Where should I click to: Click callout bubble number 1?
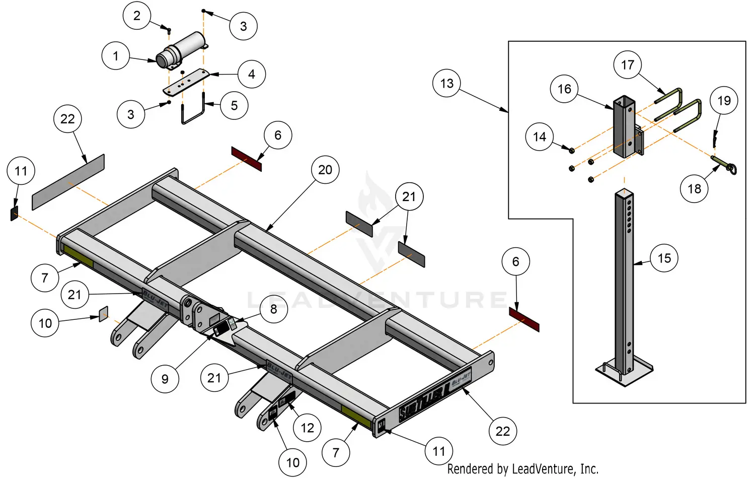coord(115,55)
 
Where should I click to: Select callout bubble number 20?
coord(325,170)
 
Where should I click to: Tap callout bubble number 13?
coord(446,84)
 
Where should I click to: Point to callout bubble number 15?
coord(664,258)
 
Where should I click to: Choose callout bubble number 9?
coord(165,379)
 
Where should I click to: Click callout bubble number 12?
coord(307,428)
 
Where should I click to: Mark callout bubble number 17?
coord(627,65)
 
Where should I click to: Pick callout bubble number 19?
coord(724,101)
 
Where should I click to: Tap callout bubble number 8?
coord(273,309)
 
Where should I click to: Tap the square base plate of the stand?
coord(624,372)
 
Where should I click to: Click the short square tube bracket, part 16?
coord(624,126)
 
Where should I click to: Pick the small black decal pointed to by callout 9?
coord(220,330)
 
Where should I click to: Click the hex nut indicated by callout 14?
coord(572,150)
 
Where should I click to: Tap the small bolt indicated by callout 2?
coord(169,31)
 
